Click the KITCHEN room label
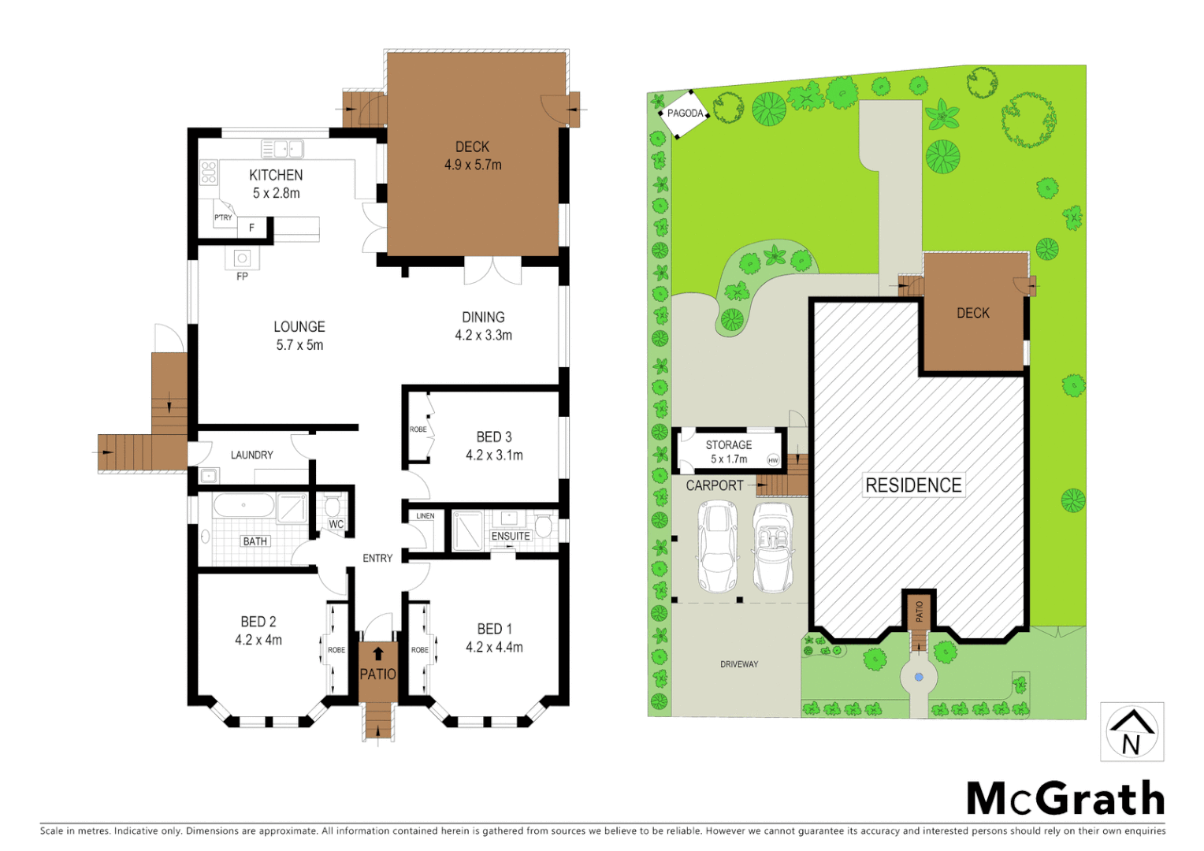(276, 175)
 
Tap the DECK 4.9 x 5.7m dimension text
(473, 165)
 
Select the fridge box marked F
(251, 228)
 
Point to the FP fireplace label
(242, 277)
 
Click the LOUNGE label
(299, 326)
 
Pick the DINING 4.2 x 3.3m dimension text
(483, 336)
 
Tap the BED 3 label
(494, 437)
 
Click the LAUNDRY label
(251, 455)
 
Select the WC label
(336, 524)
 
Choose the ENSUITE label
(511, 536)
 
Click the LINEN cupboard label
(425, 516)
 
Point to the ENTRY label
(377, 558)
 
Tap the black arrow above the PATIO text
(378, 653)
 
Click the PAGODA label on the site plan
(685, 113)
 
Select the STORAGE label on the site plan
(728, 444)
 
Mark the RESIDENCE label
(913, 485)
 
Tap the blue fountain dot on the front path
(919, 677)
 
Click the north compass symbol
(1132, 732)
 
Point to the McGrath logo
(1065, 799)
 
